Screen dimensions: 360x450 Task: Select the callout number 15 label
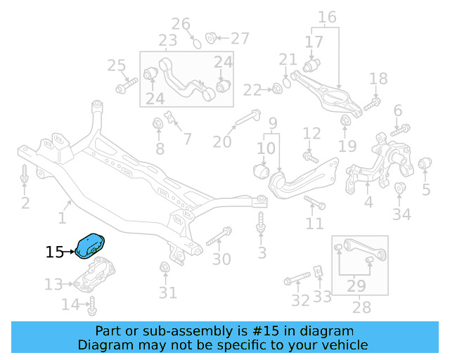click(x=55, y=252)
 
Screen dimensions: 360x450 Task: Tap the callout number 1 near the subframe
click(x=63, y=219)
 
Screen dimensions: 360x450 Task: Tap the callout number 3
click(x=262, y=252)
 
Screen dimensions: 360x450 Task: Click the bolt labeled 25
click(x=125, y=87)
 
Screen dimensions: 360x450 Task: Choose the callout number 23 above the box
click(x=167, y=41)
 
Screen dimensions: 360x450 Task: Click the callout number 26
click(x=181, y=25)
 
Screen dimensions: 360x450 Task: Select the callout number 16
click(x=327, y=17)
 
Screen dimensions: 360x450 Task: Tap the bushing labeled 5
click(x=424, y=165)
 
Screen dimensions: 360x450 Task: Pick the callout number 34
click(x=401, y=214)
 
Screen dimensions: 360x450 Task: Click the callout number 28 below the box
click(x=361, y=307)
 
